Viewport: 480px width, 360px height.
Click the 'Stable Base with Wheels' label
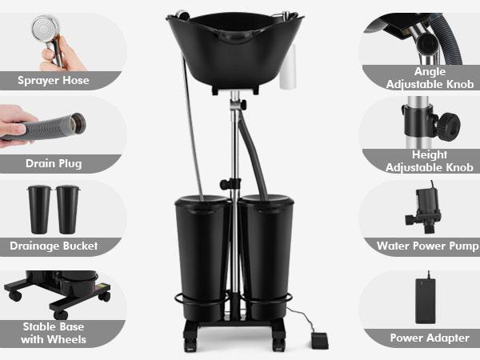click(x=54, y=333)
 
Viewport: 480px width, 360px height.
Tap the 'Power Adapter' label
click(x=429, y=338)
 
